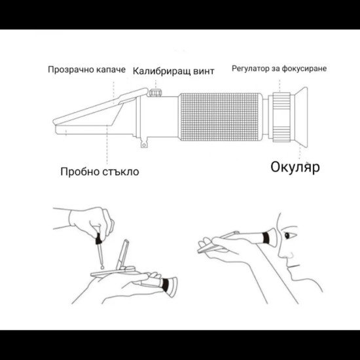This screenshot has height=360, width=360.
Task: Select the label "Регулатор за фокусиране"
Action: (x=279, y=68)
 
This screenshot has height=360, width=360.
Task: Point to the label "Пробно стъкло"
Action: (x=99, y=171)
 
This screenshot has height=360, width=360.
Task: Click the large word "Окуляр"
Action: (x=295, y=167)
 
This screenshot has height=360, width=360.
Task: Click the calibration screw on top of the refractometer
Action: (x=155, y=92)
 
